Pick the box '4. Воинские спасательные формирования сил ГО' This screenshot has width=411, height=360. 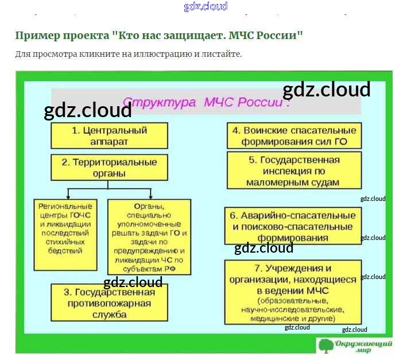click(x=294, y=136)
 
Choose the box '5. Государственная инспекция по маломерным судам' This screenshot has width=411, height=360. click(x=294, y=171)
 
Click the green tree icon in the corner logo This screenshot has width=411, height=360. click(x=325, y=346)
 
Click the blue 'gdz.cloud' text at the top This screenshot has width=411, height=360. click(x=205, y=6)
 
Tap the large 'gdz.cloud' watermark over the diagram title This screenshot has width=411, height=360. click(x=326, y=90)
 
